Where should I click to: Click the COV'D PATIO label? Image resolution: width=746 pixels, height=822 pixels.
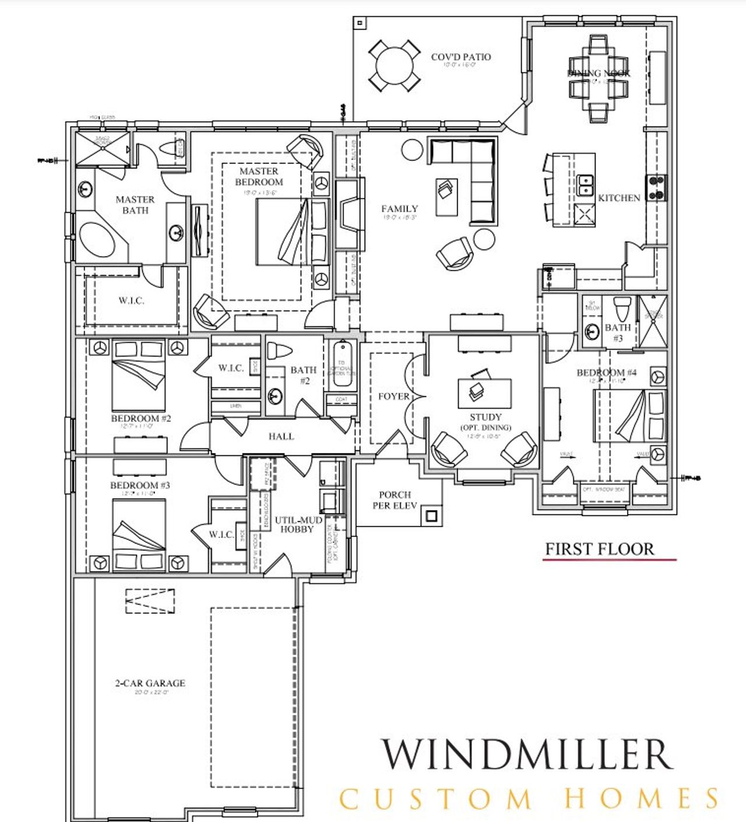tap(460, 57)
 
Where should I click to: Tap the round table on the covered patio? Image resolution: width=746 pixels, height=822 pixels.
tap(394, 65)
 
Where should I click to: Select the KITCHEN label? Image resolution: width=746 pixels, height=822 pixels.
tap(619, 198)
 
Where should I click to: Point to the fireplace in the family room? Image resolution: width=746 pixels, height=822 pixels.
tap(349, 215)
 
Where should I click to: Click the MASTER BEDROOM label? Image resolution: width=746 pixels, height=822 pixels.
tap(259, 177)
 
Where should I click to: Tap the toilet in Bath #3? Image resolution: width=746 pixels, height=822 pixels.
tap(623, 306)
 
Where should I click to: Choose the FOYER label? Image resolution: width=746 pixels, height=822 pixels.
tap(394, 396)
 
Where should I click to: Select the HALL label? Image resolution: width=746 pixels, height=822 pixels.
tap(281, 436)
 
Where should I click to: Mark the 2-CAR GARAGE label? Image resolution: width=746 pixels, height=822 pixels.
tap(150, 683)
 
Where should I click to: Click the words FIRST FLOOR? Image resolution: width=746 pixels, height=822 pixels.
tap(599, 549)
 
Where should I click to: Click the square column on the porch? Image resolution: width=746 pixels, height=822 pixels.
tap(431, 516)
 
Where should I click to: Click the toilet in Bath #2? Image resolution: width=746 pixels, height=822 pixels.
tap(279, 352)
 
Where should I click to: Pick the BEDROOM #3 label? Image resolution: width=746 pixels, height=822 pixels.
tap(140, 485)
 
